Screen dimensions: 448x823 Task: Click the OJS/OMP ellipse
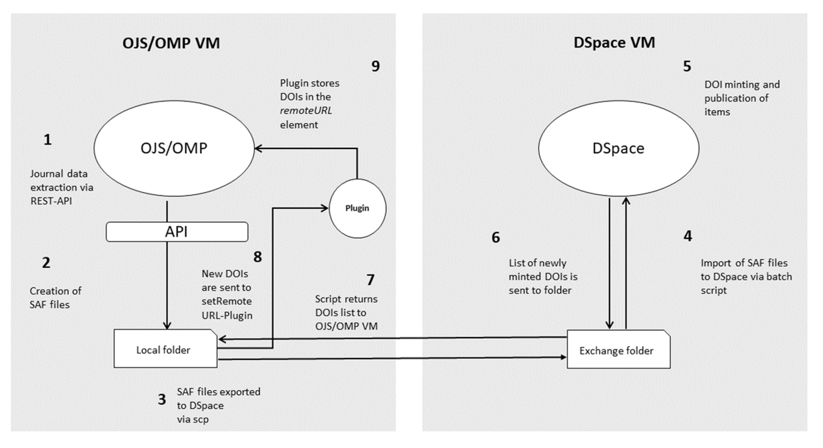point(174,148)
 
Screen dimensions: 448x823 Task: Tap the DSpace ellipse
point(619,148)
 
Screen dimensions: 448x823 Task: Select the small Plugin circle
point(357,208)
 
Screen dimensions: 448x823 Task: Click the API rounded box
point(177,232)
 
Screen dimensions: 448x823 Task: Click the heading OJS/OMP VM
point(171,43)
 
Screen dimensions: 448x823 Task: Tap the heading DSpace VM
point(614,43)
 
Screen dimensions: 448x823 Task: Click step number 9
point(375,66)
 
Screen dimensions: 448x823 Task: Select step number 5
point(687,66)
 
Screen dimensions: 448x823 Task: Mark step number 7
point(370,280)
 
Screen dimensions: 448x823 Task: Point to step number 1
point(47,140)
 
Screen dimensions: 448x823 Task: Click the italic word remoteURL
point(306,111)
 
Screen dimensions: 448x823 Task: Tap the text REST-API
point(51,201)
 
